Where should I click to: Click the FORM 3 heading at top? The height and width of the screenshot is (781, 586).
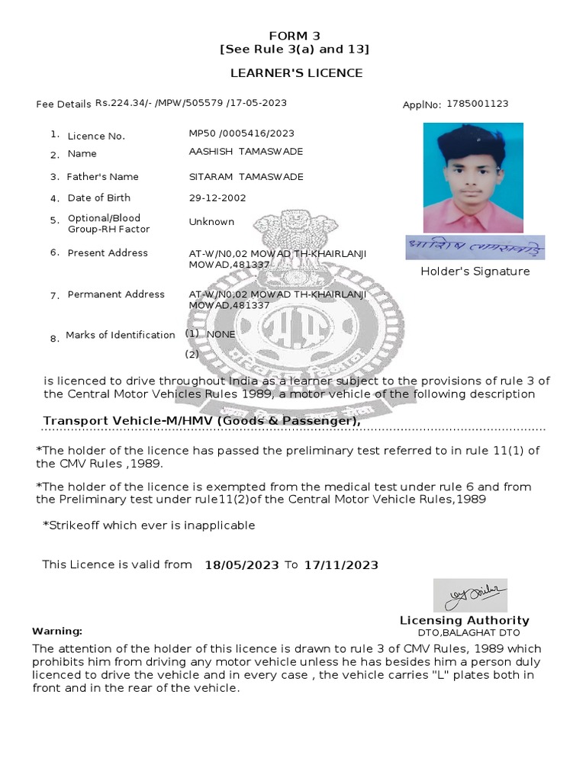tap(295, 36)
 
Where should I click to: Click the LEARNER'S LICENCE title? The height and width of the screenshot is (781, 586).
tap(297, 73)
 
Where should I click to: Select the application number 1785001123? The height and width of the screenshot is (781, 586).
tap(478, 104)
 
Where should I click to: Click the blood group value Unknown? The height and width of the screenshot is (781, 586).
tap(211, 222)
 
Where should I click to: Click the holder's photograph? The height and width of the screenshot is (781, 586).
tap(473, 177)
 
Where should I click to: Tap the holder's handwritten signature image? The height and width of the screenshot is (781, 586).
tap(475, 247)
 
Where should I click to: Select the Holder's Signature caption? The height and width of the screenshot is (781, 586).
tap(475, 272)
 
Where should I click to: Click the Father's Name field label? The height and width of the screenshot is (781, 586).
tap(102, 177)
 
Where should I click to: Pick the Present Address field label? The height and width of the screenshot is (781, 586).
tap(108, 253)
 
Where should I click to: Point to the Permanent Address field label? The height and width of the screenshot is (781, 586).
tap(116, 294)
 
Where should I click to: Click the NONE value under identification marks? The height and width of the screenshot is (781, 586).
tap(221, 334)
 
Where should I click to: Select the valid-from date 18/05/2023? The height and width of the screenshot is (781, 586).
tap(242, 565)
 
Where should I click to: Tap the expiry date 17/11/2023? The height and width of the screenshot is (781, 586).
tap(341, 565)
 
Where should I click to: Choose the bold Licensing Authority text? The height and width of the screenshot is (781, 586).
tap(465, 621)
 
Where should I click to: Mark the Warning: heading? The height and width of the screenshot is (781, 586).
tap(56, 632)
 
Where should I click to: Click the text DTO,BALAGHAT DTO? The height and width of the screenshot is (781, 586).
tap(468, 633)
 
